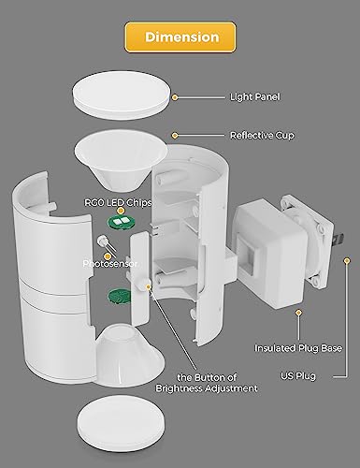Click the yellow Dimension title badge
180,37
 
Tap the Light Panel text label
254,96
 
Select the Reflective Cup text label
262,136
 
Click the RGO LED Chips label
118,202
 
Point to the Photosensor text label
110,264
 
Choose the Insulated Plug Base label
298,348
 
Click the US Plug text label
298,376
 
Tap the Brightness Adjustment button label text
207,383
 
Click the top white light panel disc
122,95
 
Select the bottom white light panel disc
121,427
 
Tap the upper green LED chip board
122,222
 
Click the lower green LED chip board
119,296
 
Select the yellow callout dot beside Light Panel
175,97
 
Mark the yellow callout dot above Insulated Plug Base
299,313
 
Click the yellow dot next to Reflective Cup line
175,136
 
